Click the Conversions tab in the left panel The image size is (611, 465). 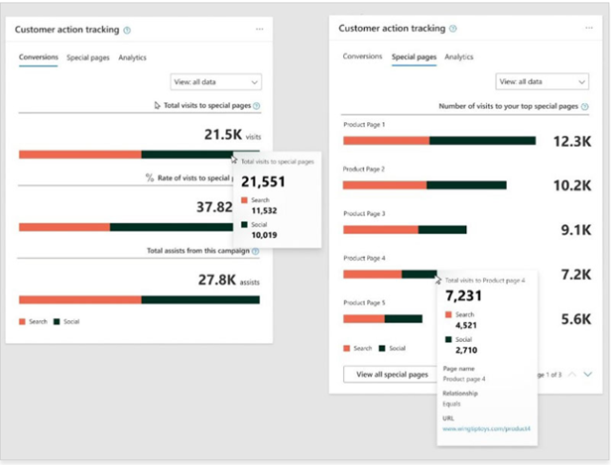point(38,58)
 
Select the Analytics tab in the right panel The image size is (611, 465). point(458,58)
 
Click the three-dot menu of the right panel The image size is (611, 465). point(585,29)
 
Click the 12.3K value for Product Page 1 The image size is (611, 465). point(572,142)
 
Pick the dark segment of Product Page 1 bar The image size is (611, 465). point(482,141)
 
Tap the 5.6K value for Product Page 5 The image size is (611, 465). point(573,319)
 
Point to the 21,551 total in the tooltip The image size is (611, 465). point(263,181)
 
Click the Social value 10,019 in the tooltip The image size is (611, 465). point(265,235)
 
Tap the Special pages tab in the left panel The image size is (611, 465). point(87,58)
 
